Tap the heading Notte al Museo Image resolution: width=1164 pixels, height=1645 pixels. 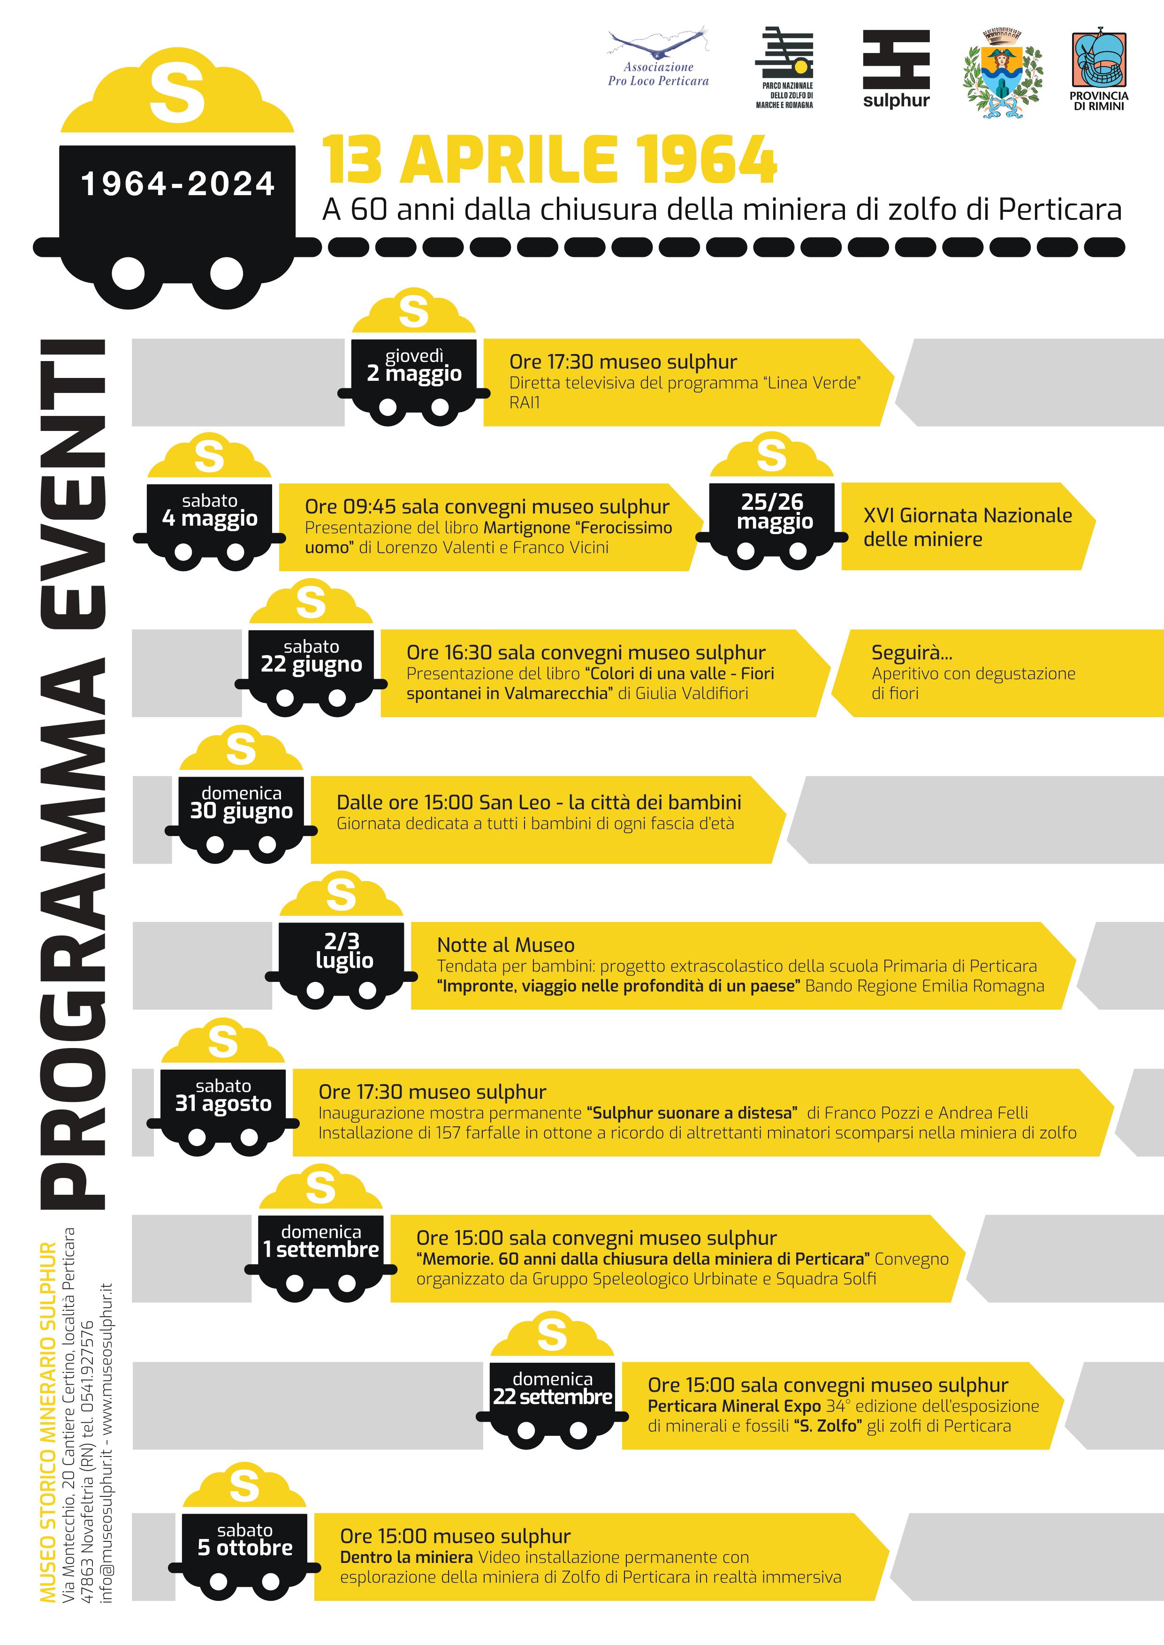click(506, 945)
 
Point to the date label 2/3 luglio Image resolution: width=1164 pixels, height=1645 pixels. click(343, 951)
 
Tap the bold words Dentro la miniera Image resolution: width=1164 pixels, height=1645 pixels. click(406, 1557)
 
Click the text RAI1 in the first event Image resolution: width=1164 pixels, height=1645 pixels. click(525, 403)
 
